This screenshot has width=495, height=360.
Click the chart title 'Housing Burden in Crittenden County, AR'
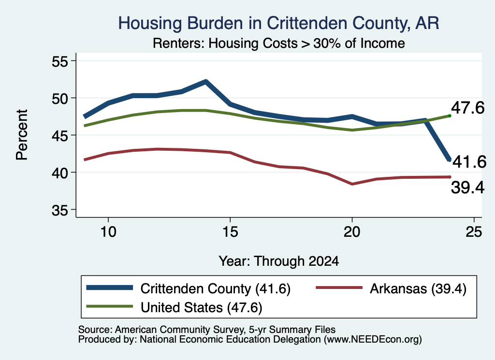pyautogui.click(x=278, y=23)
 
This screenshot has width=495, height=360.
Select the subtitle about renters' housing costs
pyautogui.click(x=279, y=43)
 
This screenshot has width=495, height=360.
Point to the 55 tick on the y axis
pyautogui.click(x=60, y=61)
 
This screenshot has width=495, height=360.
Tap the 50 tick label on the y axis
pyautogui.click(x=60, y=99)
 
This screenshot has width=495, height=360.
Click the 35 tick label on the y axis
pyautogui.click(x=60, y=210)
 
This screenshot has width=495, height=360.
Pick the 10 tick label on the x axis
pyautogui.click(x=108, y=232)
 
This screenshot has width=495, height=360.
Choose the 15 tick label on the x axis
pyautogui.click(x=230, y=232)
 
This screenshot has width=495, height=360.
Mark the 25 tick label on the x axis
pyautogui.click(x=474, y=232)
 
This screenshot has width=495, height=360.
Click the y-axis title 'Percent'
pyautogui.click(x=22, y=135)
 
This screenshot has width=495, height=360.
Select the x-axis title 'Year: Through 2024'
pyautogui.click(x=279, y=261)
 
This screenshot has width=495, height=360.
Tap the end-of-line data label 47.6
pyautogui.click(x=467, y=108)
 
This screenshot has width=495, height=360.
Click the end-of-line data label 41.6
pyautogui.click(x=469, y=162)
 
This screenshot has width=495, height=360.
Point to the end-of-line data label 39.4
pyautogui.click(x=467, y=187)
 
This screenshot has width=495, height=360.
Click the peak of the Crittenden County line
pyautogui.click(x=206, y=82)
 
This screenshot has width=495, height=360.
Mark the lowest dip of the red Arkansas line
pyautogui.click(x=352, y=184)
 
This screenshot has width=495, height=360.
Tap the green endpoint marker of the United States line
pyautogui.click(x=450, y=116)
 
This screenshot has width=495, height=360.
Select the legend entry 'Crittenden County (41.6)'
pyautogui.click(x=215, y=288)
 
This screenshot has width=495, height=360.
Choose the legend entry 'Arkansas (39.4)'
pyautogui.click(x=418, y=288)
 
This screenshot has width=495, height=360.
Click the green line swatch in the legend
pyautogui.click(x=109, y=306)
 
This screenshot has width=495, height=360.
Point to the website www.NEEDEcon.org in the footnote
pyautogui.click(x=373, y=340)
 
